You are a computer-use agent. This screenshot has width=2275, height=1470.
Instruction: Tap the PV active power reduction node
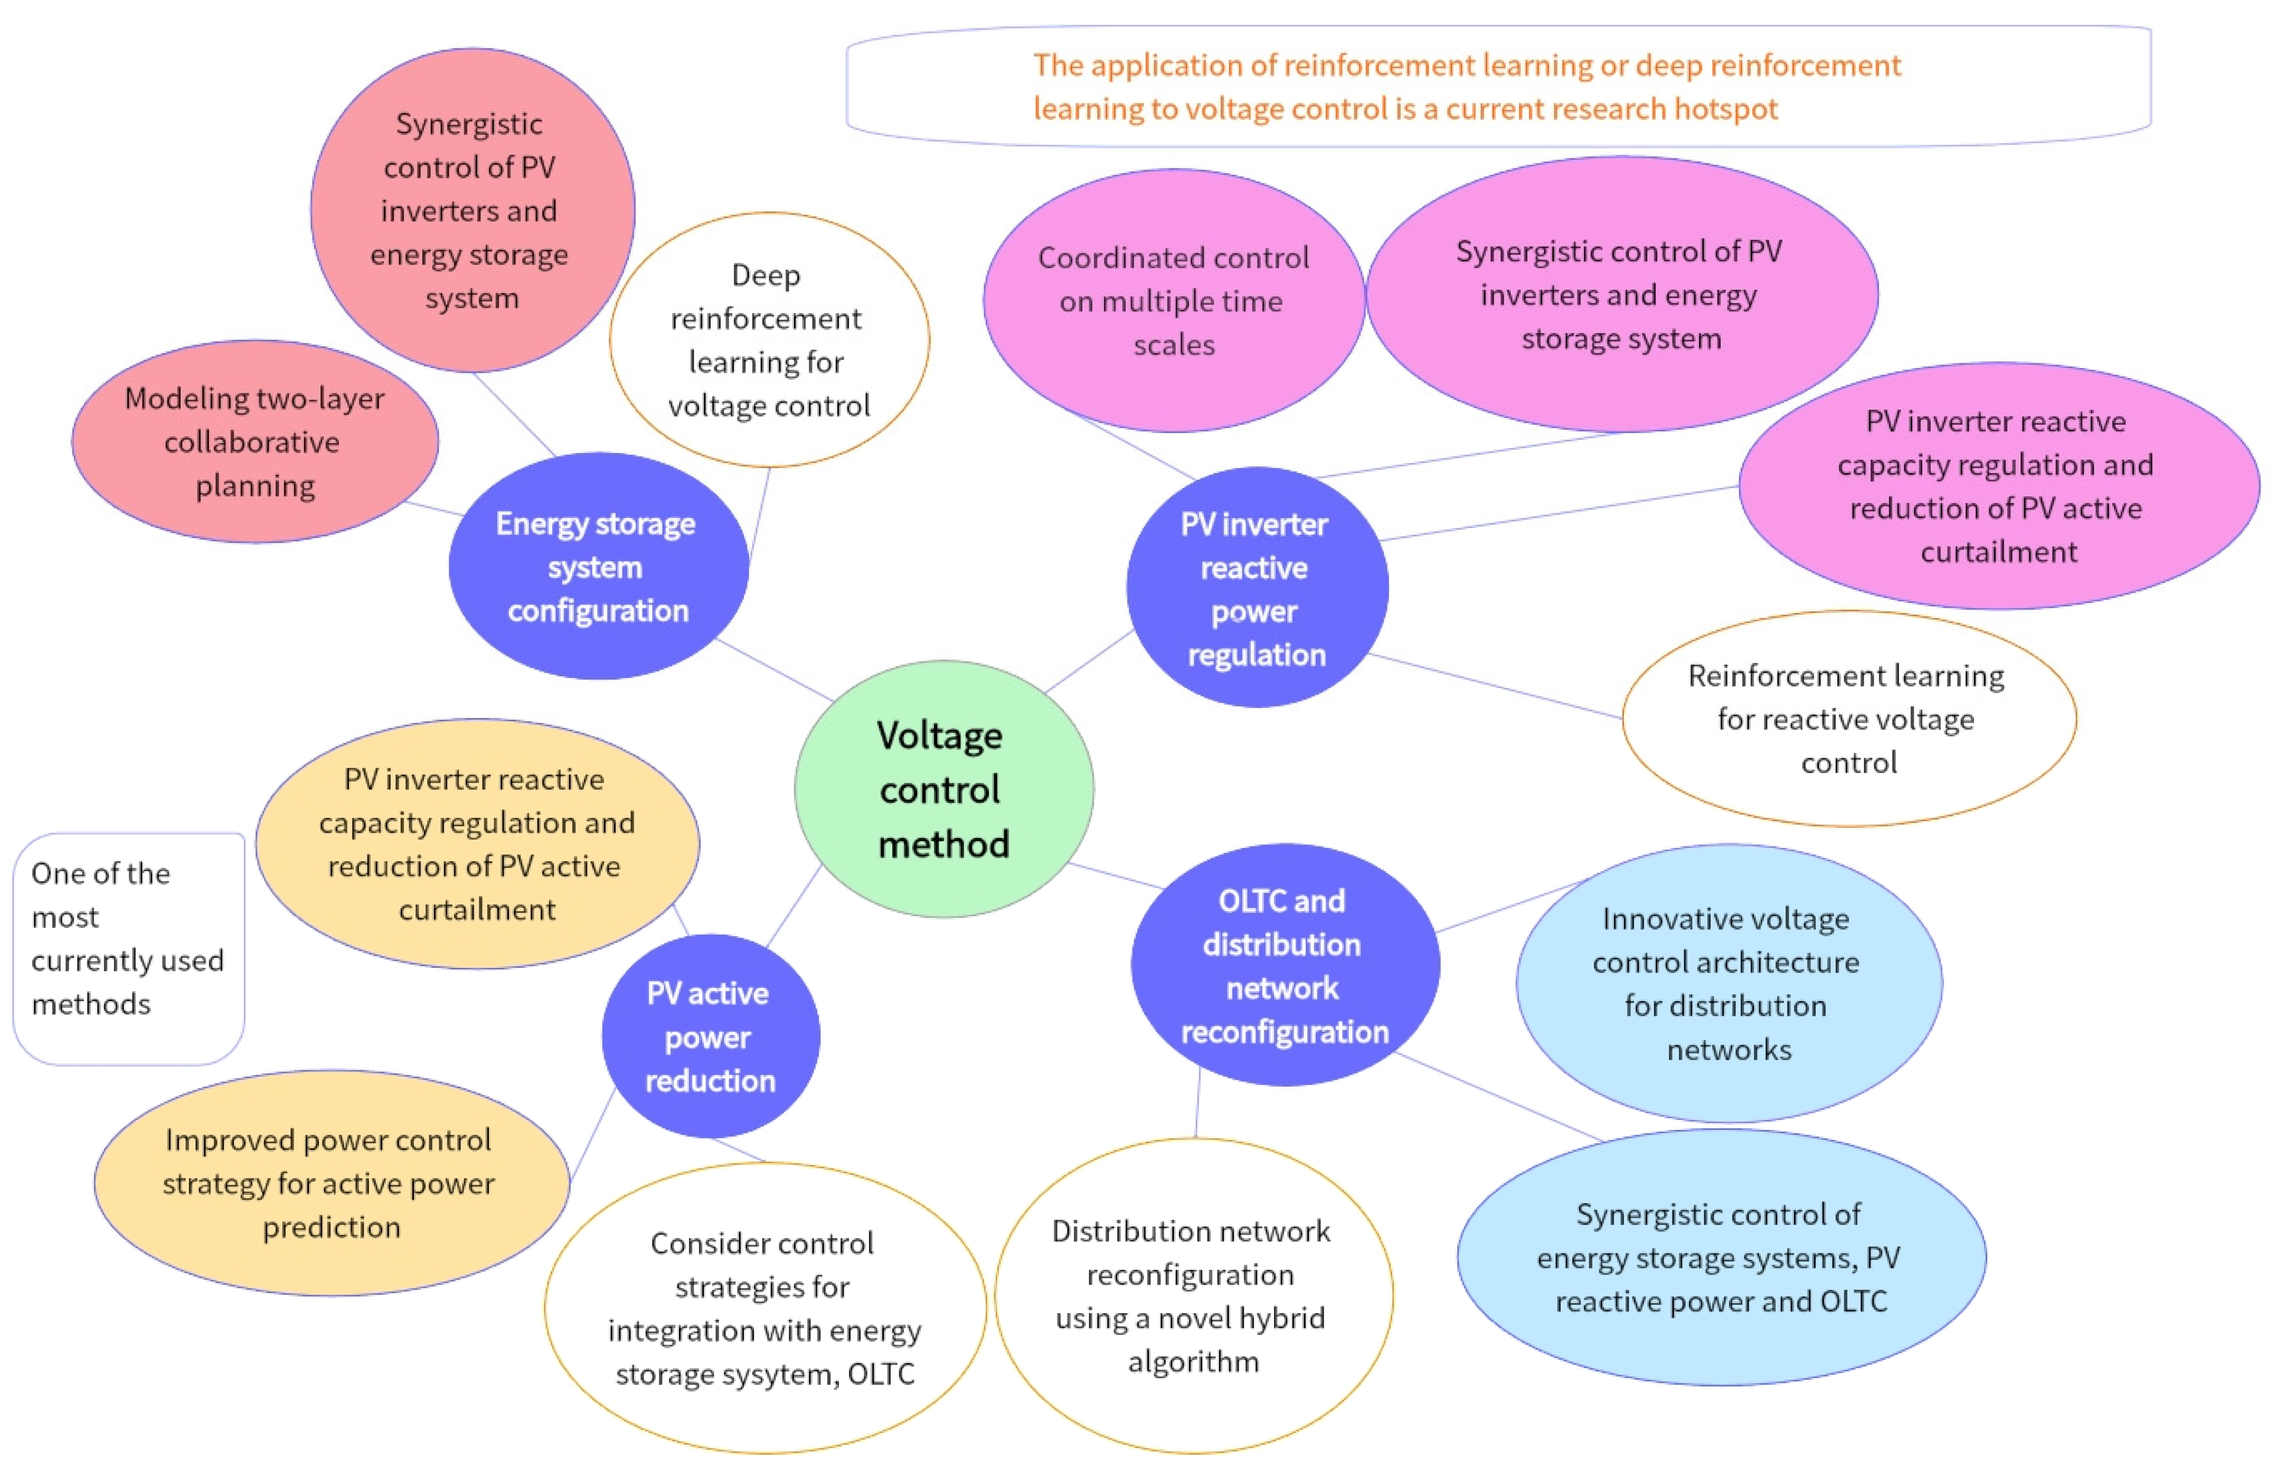[710, 1035]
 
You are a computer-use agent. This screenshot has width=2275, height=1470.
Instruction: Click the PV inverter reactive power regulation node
[1256, 588]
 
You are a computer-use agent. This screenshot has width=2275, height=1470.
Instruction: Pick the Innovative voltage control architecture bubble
[1728, 983]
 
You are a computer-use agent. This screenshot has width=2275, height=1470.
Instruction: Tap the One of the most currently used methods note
[128, 938]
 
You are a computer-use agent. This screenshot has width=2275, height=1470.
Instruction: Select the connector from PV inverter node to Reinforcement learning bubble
[1494, 685]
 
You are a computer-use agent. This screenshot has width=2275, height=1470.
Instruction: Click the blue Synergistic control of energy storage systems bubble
[1720, 1257]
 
